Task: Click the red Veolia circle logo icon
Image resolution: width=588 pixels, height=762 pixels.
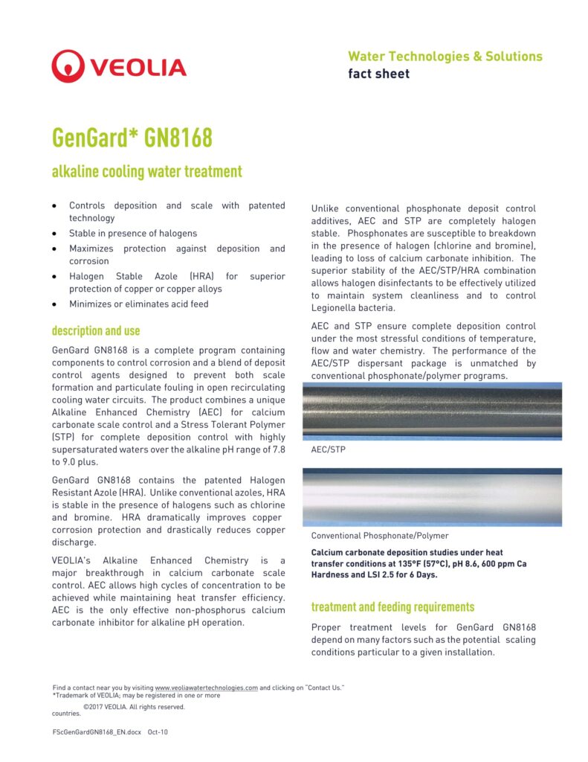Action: [68, 66]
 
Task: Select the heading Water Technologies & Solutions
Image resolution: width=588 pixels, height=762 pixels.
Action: [445, 57]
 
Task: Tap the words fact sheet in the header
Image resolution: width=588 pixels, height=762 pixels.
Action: [378, 74]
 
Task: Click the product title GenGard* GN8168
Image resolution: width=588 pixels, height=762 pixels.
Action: [132, 138]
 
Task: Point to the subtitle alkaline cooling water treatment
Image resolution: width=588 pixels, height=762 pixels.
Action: [146, 172]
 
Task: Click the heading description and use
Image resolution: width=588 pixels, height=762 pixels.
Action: [95, 330]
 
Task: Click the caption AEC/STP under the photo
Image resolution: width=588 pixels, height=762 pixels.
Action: [328, 450]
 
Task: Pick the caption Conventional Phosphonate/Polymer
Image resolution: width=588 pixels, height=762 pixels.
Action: [380, 536]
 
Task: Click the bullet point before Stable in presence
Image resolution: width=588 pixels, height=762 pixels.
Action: [55, 234]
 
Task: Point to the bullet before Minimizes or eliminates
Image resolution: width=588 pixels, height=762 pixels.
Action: [55, 304]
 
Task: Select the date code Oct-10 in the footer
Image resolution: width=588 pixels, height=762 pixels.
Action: [158, 732]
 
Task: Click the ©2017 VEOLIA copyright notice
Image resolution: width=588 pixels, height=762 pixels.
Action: [134, 707]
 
